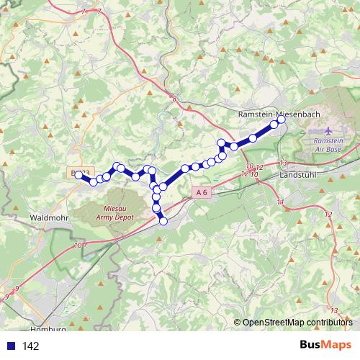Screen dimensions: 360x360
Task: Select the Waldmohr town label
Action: (49, 216)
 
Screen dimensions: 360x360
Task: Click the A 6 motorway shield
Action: (202, 192)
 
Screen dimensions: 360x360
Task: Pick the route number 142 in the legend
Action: (30, 346)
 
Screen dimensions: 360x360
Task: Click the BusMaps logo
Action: (325, 346)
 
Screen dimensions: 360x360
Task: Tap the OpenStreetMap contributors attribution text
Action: (297, 322)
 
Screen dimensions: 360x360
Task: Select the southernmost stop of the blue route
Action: (163, 220)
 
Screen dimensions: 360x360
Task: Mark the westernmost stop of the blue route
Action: (78, 174)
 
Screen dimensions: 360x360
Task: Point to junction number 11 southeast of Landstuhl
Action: (279, 202)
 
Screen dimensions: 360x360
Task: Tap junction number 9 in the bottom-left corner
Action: (7, 297)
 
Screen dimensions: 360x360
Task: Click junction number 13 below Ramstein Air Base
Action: (284, 163)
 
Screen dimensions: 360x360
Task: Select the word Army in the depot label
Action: (118, 208)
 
